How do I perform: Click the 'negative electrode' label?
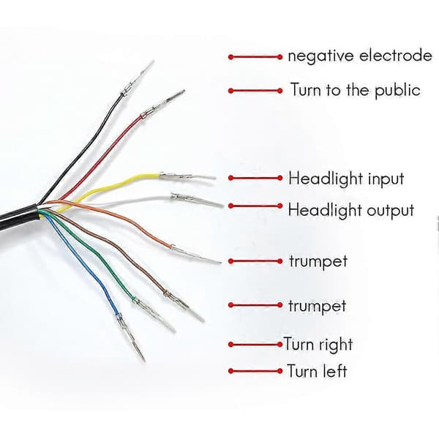(360, 56)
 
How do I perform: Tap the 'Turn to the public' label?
(356, 90)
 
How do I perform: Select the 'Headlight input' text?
(346, 179)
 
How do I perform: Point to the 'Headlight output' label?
(351, 210)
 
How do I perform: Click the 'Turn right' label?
(318, 344)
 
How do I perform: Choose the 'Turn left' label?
(317, 371)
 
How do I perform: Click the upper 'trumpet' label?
(318, 261)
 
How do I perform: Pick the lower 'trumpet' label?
(318, 306)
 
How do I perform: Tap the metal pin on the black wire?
(138, 78)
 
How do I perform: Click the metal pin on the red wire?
(162, 105)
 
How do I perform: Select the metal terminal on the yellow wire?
(187, 176)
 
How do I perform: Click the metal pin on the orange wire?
(195, 254)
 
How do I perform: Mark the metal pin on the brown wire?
(184, 306)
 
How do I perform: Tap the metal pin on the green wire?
(154, 314)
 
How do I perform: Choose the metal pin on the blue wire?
(130, 337)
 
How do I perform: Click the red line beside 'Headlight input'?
(255, 178)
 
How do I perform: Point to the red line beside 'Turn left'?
(255, 371)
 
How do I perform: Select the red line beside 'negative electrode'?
(255, 57)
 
